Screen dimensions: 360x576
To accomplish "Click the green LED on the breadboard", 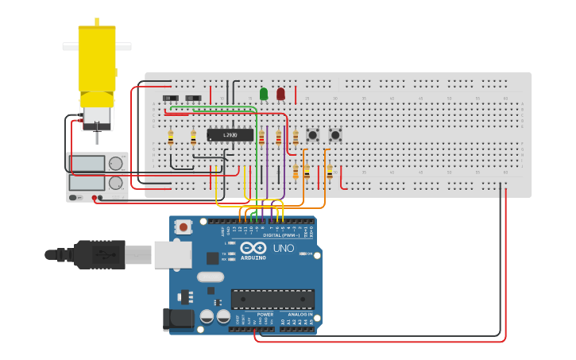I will [x=264, y=94].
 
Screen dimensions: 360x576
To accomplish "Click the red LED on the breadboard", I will [x=280, y=94].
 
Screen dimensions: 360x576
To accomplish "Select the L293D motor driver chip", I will [x=230, y=135].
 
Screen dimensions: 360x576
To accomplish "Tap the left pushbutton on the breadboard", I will [x=313, y=135].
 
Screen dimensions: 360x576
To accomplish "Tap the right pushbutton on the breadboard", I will [x=335, y=135].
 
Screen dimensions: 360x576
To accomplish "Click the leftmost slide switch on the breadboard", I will [x=170, y=99].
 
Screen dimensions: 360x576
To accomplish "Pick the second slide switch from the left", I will [x=192, y=99].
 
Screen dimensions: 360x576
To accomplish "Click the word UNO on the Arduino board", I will [x=284, y=248].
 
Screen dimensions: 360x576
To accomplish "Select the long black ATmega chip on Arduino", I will [x=273, y=299].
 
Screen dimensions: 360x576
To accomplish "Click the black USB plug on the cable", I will [x=99, y=255].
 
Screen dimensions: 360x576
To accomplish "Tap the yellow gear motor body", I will [x=97, y=60].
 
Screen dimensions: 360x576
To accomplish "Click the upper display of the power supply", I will [x=87, y=164].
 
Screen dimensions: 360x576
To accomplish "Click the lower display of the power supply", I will [x=87, y=183].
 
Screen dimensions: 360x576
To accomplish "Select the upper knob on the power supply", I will [x=116, y=164].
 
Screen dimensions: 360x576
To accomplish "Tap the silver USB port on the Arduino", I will [x=172, y=254].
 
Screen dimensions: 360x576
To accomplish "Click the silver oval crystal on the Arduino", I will [x=210, y=277].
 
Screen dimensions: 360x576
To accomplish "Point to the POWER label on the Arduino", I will [x=265, y=314].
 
